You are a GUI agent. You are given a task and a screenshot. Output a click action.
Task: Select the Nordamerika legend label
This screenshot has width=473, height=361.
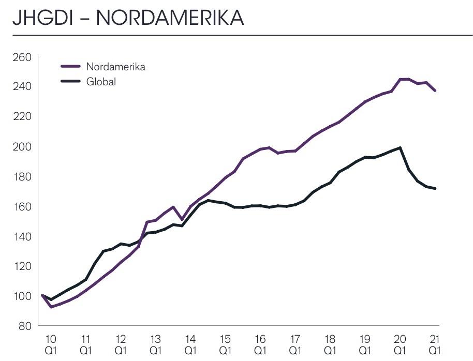(115, 67)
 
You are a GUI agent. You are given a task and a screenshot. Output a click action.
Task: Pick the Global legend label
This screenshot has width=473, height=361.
(101, 82)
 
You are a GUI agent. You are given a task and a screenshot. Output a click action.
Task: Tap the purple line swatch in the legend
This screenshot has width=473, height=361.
(70, 67)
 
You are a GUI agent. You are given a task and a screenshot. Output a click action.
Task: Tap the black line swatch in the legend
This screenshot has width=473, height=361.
(70, 81)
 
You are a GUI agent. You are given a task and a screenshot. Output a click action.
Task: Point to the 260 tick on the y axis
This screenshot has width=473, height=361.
(21, 56)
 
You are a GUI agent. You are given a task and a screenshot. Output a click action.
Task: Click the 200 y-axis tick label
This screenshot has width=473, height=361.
(21, 146)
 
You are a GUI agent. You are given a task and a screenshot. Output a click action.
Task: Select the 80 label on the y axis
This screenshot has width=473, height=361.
(24, 326)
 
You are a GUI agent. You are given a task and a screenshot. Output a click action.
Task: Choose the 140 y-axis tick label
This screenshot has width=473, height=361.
(21, 236)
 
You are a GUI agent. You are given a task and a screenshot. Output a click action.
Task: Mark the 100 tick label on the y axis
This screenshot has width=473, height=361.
(21, 296)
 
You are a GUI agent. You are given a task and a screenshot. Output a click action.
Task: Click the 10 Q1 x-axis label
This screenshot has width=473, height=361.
(51, 344)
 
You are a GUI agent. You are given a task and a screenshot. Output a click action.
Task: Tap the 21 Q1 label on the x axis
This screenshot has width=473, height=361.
(435, 344)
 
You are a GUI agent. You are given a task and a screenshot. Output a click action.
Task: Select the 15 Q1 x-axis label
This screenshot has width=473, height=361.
(225, 344)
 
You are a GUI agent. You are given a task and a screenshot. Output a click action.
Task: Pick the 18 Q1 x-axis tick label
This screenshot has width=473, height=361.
(330, 344)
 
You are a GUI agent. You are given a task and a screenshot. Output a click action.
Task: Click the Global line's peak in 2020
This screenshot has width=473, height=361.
(400, 148)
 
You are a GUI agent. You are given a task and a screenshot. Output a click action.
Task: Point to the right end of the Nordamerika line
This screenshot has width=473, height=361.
(435, 91)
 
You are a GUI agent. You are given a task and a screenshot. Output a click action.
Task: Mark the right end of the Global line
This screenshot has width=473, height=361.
(435, 188)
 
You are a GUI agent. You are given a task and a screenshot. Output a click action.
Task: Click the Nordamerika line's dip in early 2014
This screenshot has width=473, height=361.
(182, 219)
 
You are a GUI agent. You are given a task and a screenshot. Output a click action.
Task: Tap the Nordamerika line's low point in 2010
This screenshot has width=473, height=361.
(51, 307)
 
